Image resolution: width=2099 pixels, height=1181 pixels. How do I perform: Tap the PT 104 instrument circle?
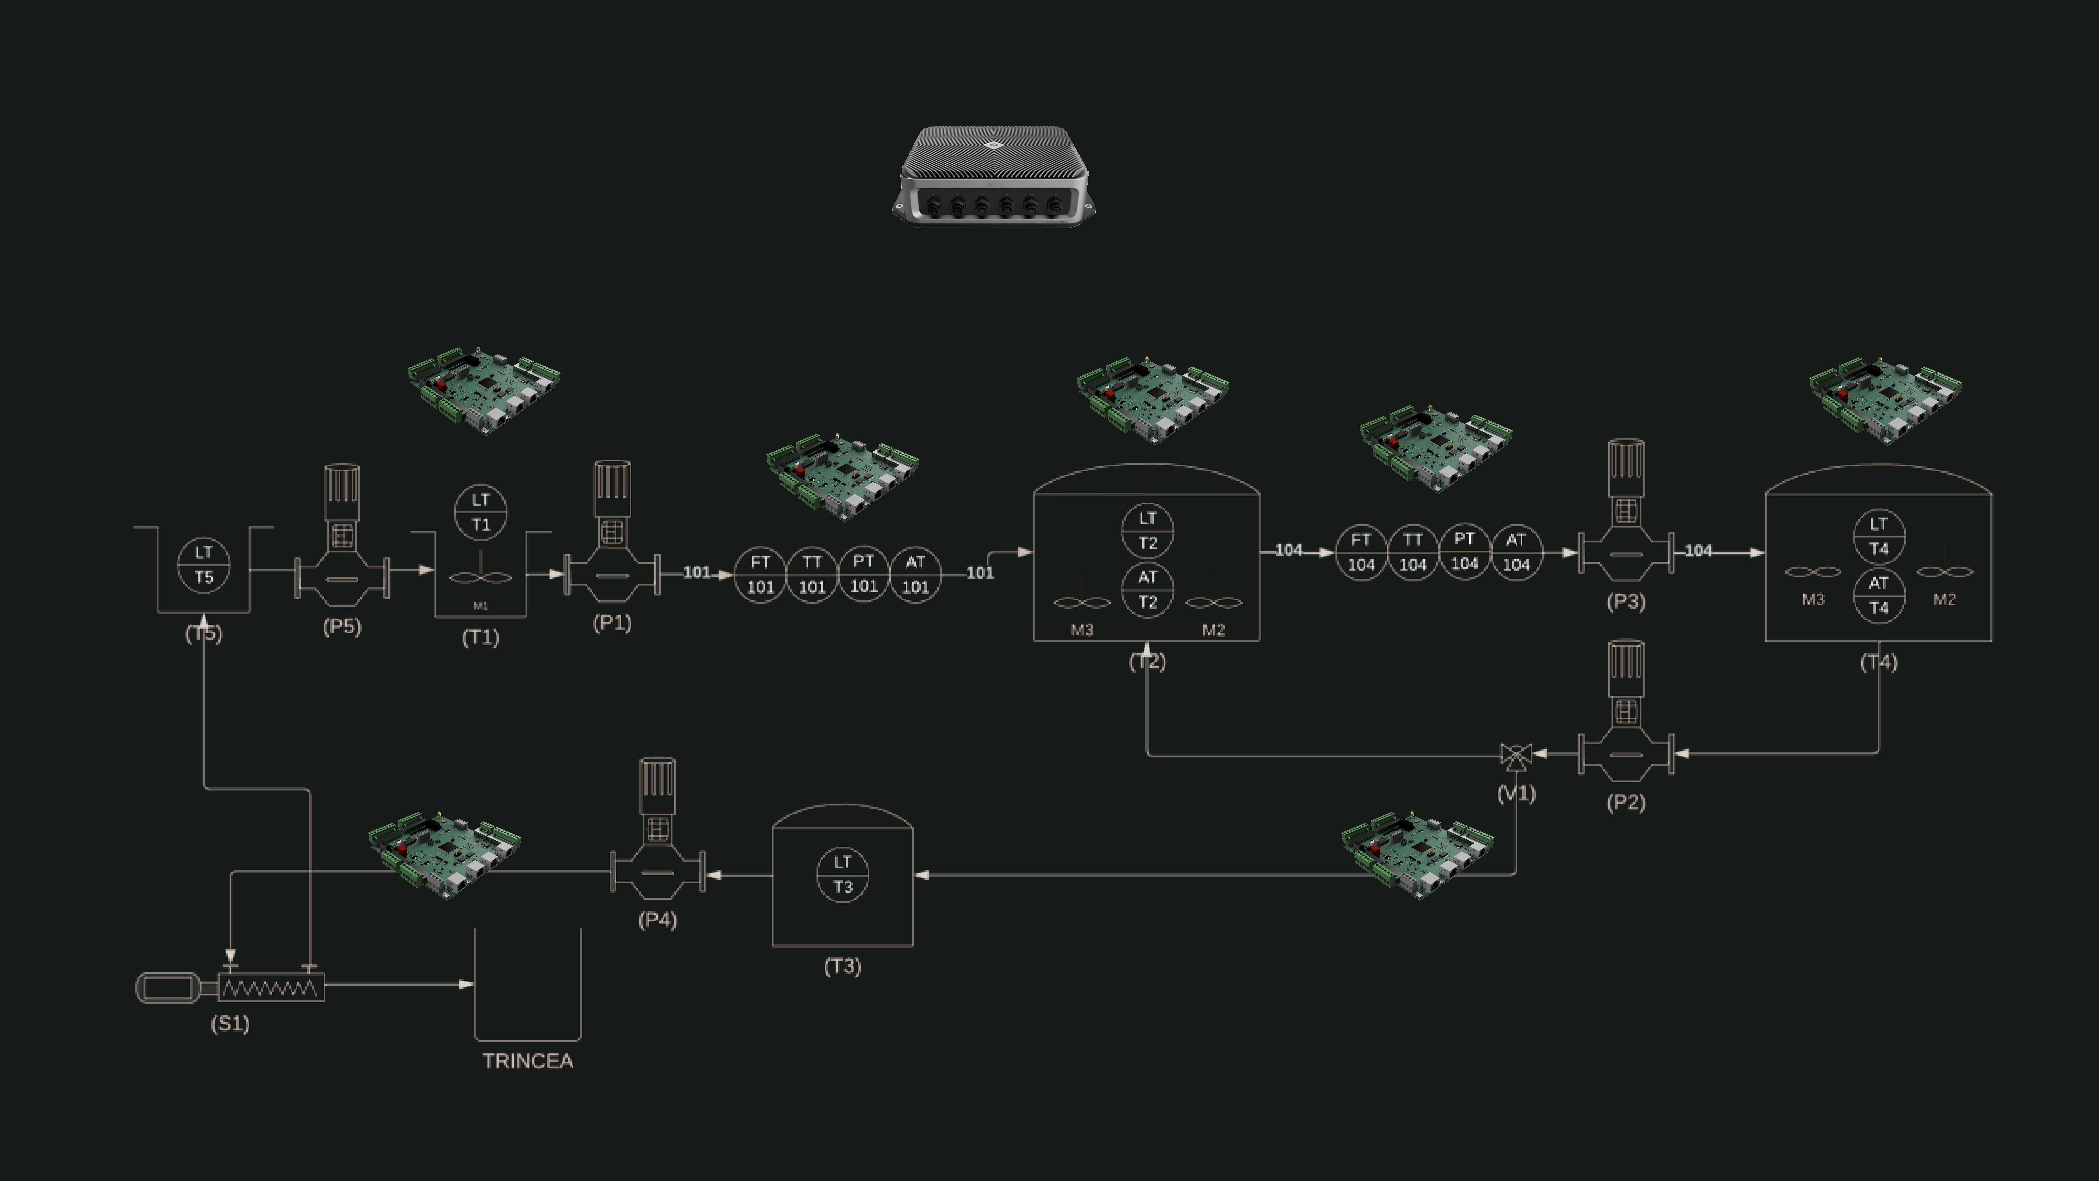1464,552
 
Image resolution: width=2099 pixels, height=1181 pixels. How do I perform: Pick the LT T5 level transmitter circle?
204,565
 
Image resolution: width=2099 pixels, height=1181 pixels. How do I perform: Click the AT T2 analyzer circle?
1147,589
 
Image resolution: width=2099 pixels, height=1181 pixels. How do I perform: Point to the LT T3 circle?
842,874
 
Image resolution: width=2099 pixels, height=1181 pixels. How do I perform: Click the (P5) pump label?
342,627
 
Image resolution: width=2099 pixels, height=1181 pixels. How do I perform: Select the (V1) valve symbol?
1517,756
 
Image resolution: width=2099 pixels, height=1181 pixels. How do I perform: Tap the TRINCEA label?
528,1061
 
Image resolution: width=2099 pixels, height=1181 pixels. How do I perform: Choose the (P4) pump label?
658,920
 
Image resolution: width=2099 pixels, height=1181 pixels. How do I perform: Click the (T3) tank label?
842,967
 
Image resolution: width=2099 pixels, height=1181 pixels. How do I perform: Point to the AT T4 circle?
1879,595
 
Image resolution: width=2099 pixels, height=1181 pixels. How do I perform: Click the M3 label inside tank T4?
1813,600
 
